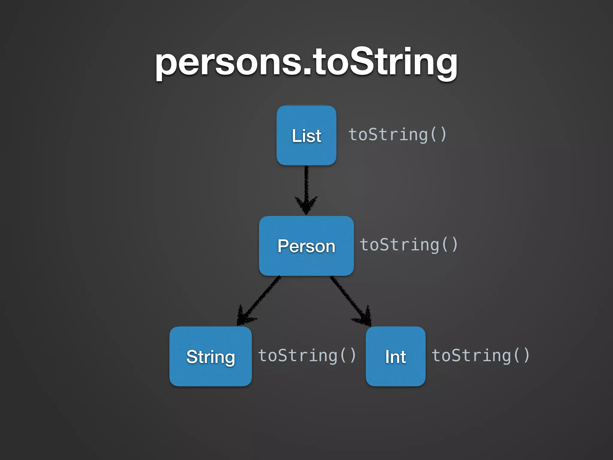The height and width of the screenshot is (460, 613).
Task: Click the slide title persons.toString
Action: [306, 63]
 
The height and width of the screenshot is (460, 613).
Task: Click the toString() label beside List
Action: [397, 135]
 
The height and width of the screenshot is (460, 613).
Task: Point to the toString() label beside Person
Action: [409, 245]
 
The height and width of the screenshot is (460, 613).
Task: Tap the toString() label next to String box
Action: [307, 356]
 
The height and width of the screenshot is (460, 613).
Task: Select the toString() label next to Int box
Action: [480, 356]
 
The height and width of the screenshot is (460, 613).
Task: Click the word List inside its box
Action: [306, 136]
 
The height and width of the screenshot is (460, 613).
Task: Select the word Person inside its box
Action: [306, 246]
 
